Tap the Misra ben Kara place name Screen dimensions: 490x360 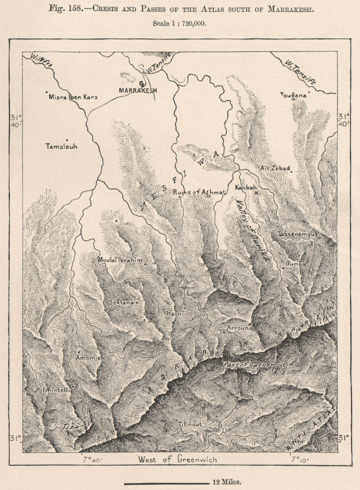73,97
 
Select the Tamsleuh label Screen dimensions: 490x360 61,147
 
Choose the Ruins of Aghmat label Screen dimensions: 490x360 199,193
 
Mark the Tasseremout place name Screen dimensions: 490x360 297,234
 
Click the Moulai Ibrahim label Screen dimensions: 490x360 120,260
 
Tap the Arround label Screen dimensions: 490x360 239,327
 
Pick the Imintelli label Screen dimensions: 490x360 57,390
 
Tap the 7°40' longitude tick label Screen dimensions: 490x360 92,460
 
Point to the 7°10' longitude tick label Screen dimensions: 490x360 298,460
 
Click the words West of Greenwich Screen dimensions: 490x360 177,460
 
